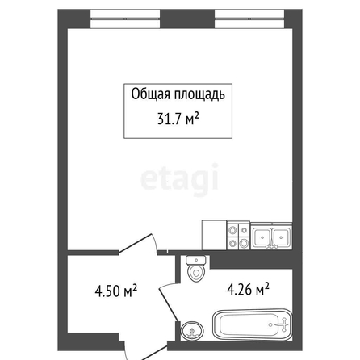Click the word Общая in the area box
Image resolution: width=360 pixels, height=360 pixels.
(150, 94)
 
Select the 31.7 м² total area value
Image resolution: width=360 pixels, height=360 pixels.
(178, 119)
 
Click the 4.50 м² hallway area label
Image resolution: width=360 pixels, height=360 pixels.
(116, 291)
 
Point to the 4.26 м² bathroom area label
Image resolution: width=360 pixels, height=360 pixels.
(248, 289)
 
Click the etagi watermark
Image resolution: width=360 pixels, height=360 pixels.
(180, 179)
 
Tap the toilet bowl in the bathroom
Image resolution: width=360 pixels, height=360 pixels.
(196, 273)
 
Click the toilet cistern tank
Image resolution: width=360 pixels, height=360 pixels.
(196, 260)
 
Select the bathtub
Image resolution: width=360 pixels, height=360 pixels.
(252, 324)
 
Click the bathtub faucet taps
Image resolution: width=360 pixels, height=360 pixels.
(283, 324)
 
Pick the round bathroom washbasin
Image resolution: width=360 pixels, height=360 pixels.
(192, 331)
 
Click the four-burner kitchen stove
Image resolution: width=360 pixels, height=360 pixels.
(238, 237)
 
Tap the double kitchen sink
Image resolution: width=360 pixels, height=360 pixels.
(271, 236)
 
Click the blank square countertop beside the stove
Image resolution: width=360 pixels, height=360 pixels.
(214, 235)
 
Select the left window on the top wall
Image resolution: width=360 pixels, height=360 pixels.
(125, 19)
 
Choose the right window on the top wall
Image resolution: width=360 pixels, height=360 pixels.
(249, 19)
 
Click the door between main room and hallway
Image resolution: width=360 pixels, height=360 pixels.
(137, 244)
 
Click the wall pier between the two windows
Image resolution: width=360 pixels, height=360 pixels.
(187, 19)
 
